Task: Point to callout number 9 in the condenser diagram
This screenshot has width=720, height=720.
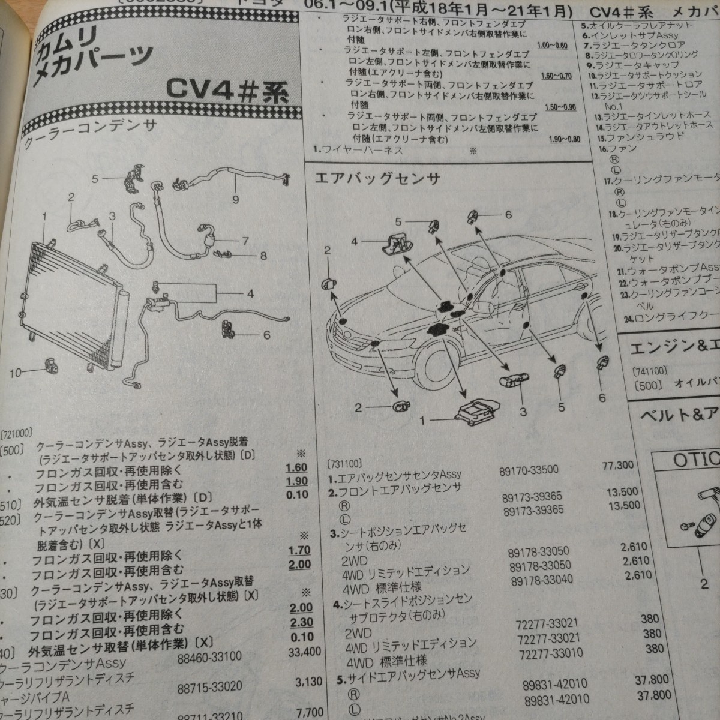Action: (x=235, y=199)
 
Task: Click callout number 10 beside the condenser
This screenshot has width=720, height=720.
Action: (x=17, y=372)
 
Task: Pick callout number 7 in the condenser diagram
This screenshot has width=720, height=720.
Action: (x=245, y=241)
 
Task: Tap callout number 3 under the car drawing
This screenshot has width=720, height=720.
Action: (x=523, y=412)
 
